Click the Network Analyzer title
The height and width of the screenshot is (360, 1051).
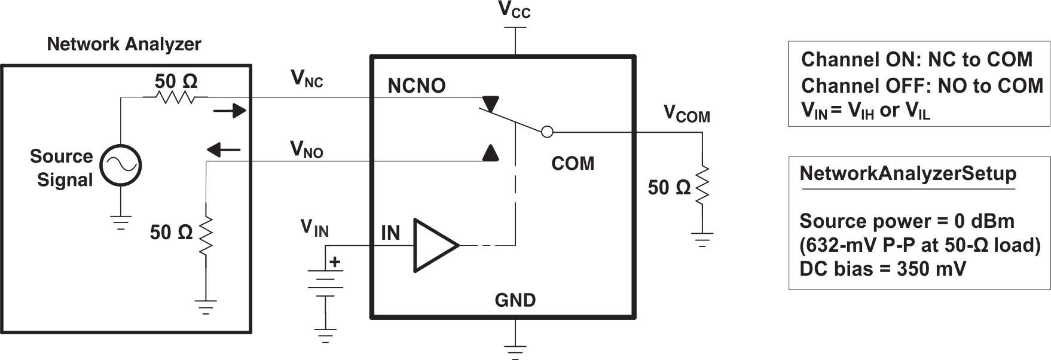click(x=124, y=44)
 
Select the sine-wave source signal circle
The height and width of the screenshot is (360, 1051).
click(x=120, y=166)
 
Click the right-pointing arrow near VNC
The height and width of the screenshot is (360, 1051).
click(x=230, y=110)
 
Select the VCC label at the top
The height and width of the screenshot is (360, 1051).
click(x=515, y=11)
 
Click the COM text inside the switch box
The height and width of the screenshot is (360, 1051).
click(x=573, y=163)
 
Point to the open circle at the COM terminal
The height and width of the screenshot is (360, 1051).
click(x=547, y=132)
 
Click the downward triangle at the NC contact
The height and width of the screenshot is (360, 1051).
click(x=491, y=103)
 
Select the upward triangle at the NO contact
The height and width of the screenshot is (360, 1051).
click(x=490, y=153)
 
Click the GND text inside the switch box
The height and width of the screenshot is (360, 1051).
click(x=515, y=300)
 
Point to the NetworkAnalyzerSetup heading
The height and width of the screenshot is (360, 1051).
click(x=908, y=173)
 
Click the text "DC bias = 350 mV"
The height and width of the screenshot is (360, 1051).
click(x=882, y=269)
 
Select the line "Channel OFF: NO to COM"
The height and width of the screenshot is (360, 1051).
click(x=922, y=86)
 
